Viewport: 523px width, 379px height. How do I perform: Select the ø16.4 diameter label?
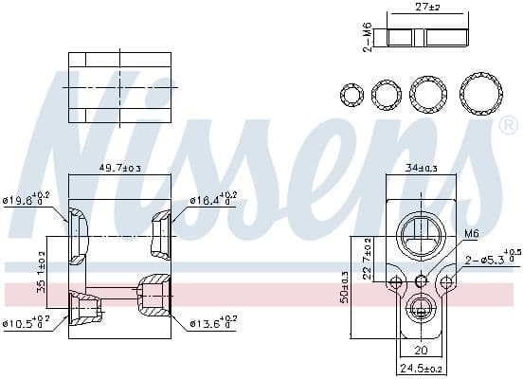212,200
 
